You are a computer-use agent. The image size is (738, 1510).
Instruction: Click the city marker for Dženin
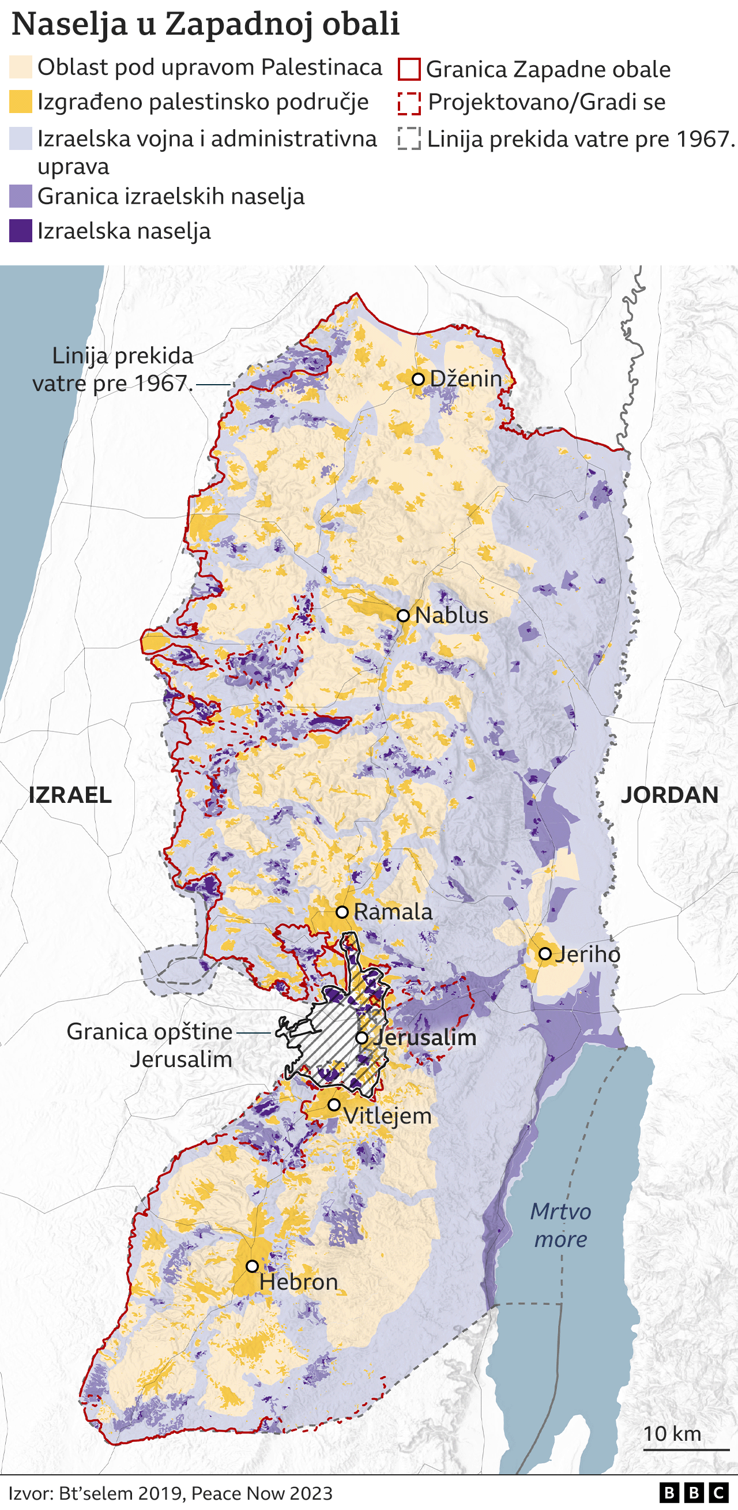click(x=418, y=380)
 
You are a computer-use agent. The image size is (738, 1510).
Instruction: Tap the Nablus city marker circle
click(x=403, y=615)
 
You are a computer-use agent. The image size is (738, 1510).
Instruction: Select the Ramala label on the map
click(x=393, y=912)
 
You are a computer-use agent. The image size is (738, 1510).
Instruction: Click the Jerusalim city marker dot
click(x=362, y=1038)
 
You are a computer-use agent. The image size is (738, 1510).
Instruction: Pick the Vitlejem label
click(x=387, y=1115)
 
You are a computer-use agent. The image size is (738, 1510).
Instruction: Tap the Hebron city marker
click(x=252, y=1266)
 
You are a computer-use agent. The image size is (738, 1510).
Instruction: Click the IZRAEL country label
click(x=70, y=795)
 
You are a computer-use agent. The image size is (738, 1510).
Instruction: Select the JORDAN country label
click(x=669, y=795)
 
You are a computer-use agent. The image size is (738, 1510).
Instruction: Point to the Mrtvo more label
click(x=560, y=1225)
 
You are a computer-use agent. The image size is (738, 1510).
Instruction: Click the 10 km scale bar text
click(x=672, y=1434)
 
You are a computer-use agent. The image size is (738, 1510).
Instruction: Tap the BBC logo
click(x=694, y=1493)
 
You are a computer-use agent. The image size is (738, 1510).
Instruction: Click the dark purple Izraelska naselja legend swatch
click(x=21, y=231)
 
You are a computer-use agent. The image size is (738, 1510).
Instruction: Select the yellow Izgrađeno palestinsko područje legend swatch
click(x=21, y=102)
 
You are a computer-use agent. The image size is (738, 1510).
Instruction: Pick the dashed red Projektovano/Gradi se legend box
click(x=409, y=103)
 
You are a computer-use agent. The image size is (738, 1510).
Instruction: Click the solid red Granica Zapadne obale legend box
click(x=409, y=69)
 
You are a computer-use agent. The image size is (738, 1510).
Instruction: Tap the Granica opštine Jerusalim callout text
click(x=150, y=1045)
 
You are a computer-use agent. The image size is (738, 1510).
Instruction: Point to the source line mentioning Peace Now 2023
click(x=170, y=1493)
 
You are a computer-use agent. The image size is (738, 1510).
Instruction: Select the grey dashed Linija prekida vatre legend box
click(x=409, y=140)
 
